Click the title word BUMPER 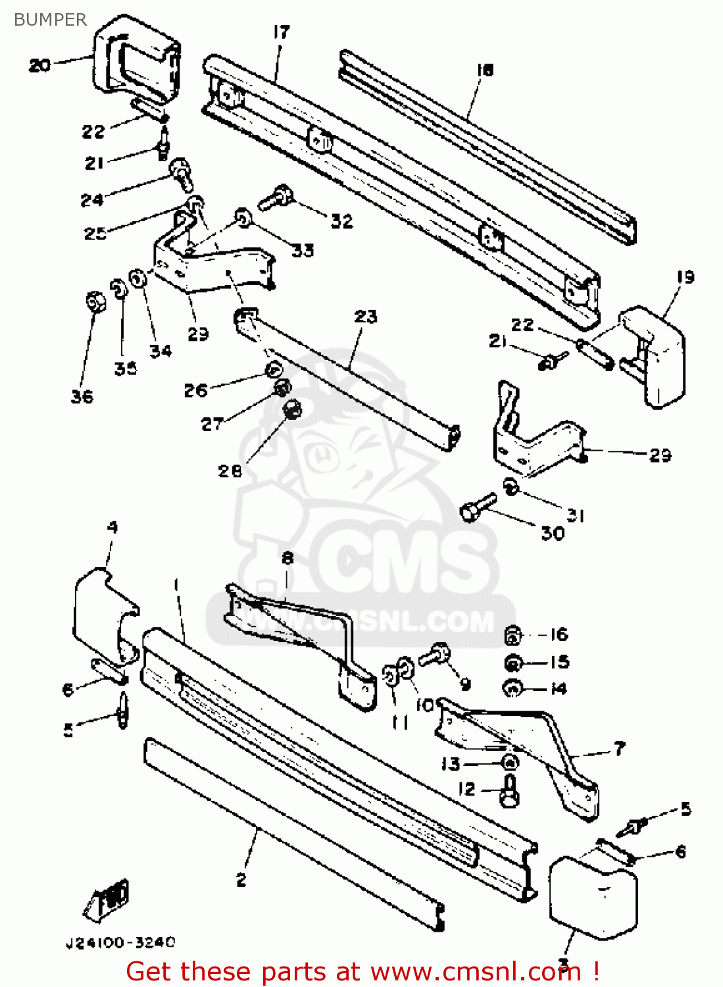pos(50,20)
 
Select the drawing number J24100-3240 pos(120,943)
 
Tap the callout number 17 pos(281,32)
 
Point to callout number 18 pos(485,70)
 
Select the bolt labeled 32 pos(276,197)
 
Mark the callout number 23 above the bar pos(366,316)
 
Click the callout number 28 pos(230,471)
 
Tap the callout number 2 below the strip pos(241,880)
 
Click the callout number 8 pos(287,558)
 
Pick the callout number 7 pos(619,748)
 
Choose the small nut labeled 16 pos(513,636)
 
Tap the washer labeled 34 pos(138,279)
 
